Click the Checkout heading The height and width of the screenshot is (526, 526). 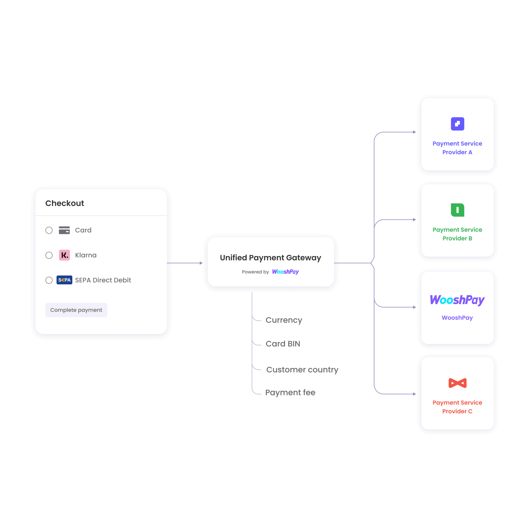(65, 203)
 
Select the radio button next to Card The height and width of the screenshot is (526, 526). (49, 230)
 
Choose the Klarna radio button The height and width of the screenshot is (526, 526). (49, 255)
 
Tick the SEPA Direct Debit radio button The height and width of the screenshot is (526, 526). (49, 280)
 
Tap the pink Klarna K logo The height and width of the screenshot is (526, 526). (64, 255)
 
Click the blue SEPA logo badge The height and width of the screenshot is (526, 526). (64, 280)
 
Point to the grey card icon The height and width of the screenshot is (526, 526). (64, 230)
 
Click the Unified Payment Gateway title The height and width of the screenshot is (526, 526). (271, 258)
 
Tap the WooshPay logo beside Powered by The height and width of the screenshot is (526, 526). (285, 272)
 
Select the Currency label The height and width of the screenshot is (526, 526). (284, 320)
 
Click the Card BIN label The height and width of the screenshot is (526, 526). (283, 344)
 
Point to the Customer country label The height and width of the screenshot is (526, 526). (302, 370)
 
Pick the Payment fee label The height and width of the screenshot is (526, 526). (290, 393)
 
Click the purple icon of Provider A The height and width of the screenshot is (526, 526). (458, 124)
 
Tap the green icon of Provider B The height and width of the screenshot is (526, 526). (458, 210)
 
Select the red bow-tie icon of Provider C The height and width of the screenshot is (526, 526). (458, 383)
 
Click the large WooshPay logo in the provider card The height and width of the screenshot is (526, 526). (457, 300)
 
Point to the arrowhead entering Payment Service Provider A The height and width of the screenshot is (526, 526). (415, 132)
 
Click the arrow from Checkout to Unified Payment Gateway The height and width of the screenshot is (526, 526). (185, 263)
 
